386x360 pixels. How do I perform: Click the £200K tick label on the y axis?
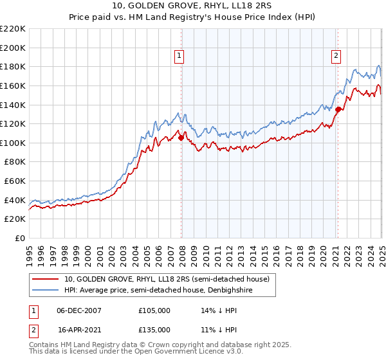(13, 48)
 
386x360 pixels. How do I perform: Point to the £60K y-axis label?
(15, 181)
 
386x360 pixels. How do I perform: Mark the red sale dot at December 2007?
(181, 137)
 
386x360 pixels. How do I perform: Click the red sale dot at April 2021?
(338, 109)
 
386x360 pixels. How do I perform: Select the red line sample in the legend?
(46, 278)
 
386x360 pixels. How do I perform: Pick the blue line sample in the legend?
(46, 290)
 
